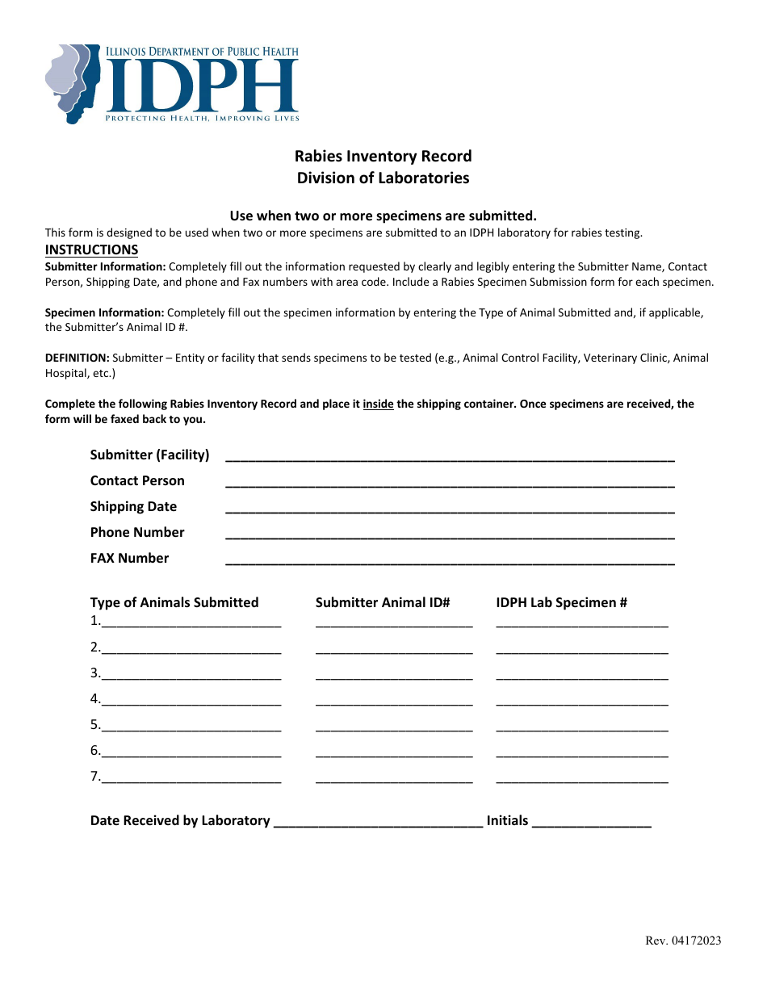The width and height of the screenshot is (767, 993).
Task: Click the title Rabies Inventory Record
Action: [x=383, y=156]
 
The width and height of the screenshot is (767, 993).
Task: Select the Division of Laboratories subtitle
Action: [x=383, y=178]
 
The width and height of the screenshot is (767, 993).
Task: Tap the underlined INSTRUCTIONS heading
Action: [x=91, y=249]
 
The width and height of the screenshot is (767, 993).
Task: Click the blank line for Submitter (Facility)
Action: [x=450, y=457]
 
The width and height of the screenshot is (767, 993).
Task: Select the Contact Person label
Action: [x=137, y=480]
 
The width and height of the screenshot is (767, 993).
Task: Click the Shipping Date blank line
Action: [x=450, y=509]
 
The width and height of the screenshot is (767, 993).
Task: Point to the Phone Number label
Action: [x=137, y=532]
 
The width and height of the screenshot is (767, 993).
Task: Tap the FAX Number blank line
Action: [x=450, y=560]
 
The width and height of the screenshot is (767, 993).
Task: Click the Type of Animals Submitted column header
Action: [x=174, y=602]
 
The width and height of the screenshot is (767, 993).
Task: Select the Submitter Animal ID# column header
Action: [x=383, y=602]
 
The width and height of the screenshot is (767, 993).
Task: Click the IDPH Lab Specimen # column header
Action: [x=561, y=602]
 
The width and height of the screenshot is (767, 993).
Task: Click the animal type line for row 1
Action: [x=191, y=623]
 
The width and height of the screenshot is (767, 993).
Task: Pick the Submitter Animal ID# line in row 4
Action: [x=394, y=701]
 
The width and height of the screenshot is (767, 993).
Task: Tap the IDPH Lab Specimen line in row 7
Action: [x=582, y=778]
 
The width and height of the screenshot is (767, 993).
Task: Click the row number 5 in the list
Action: [x=95, y=724]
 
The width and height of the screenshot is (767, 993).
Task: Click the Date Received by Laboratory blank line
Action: [x=378, y=823]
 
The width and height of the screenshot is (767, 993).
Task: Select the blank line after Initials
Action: [x=592, y=823]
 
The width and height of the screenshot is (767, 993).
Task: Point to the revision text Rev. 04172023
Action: [x=683, y=940]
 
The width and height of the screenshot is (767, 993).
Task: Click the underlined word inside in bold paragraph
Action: [x=378, y=404]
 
